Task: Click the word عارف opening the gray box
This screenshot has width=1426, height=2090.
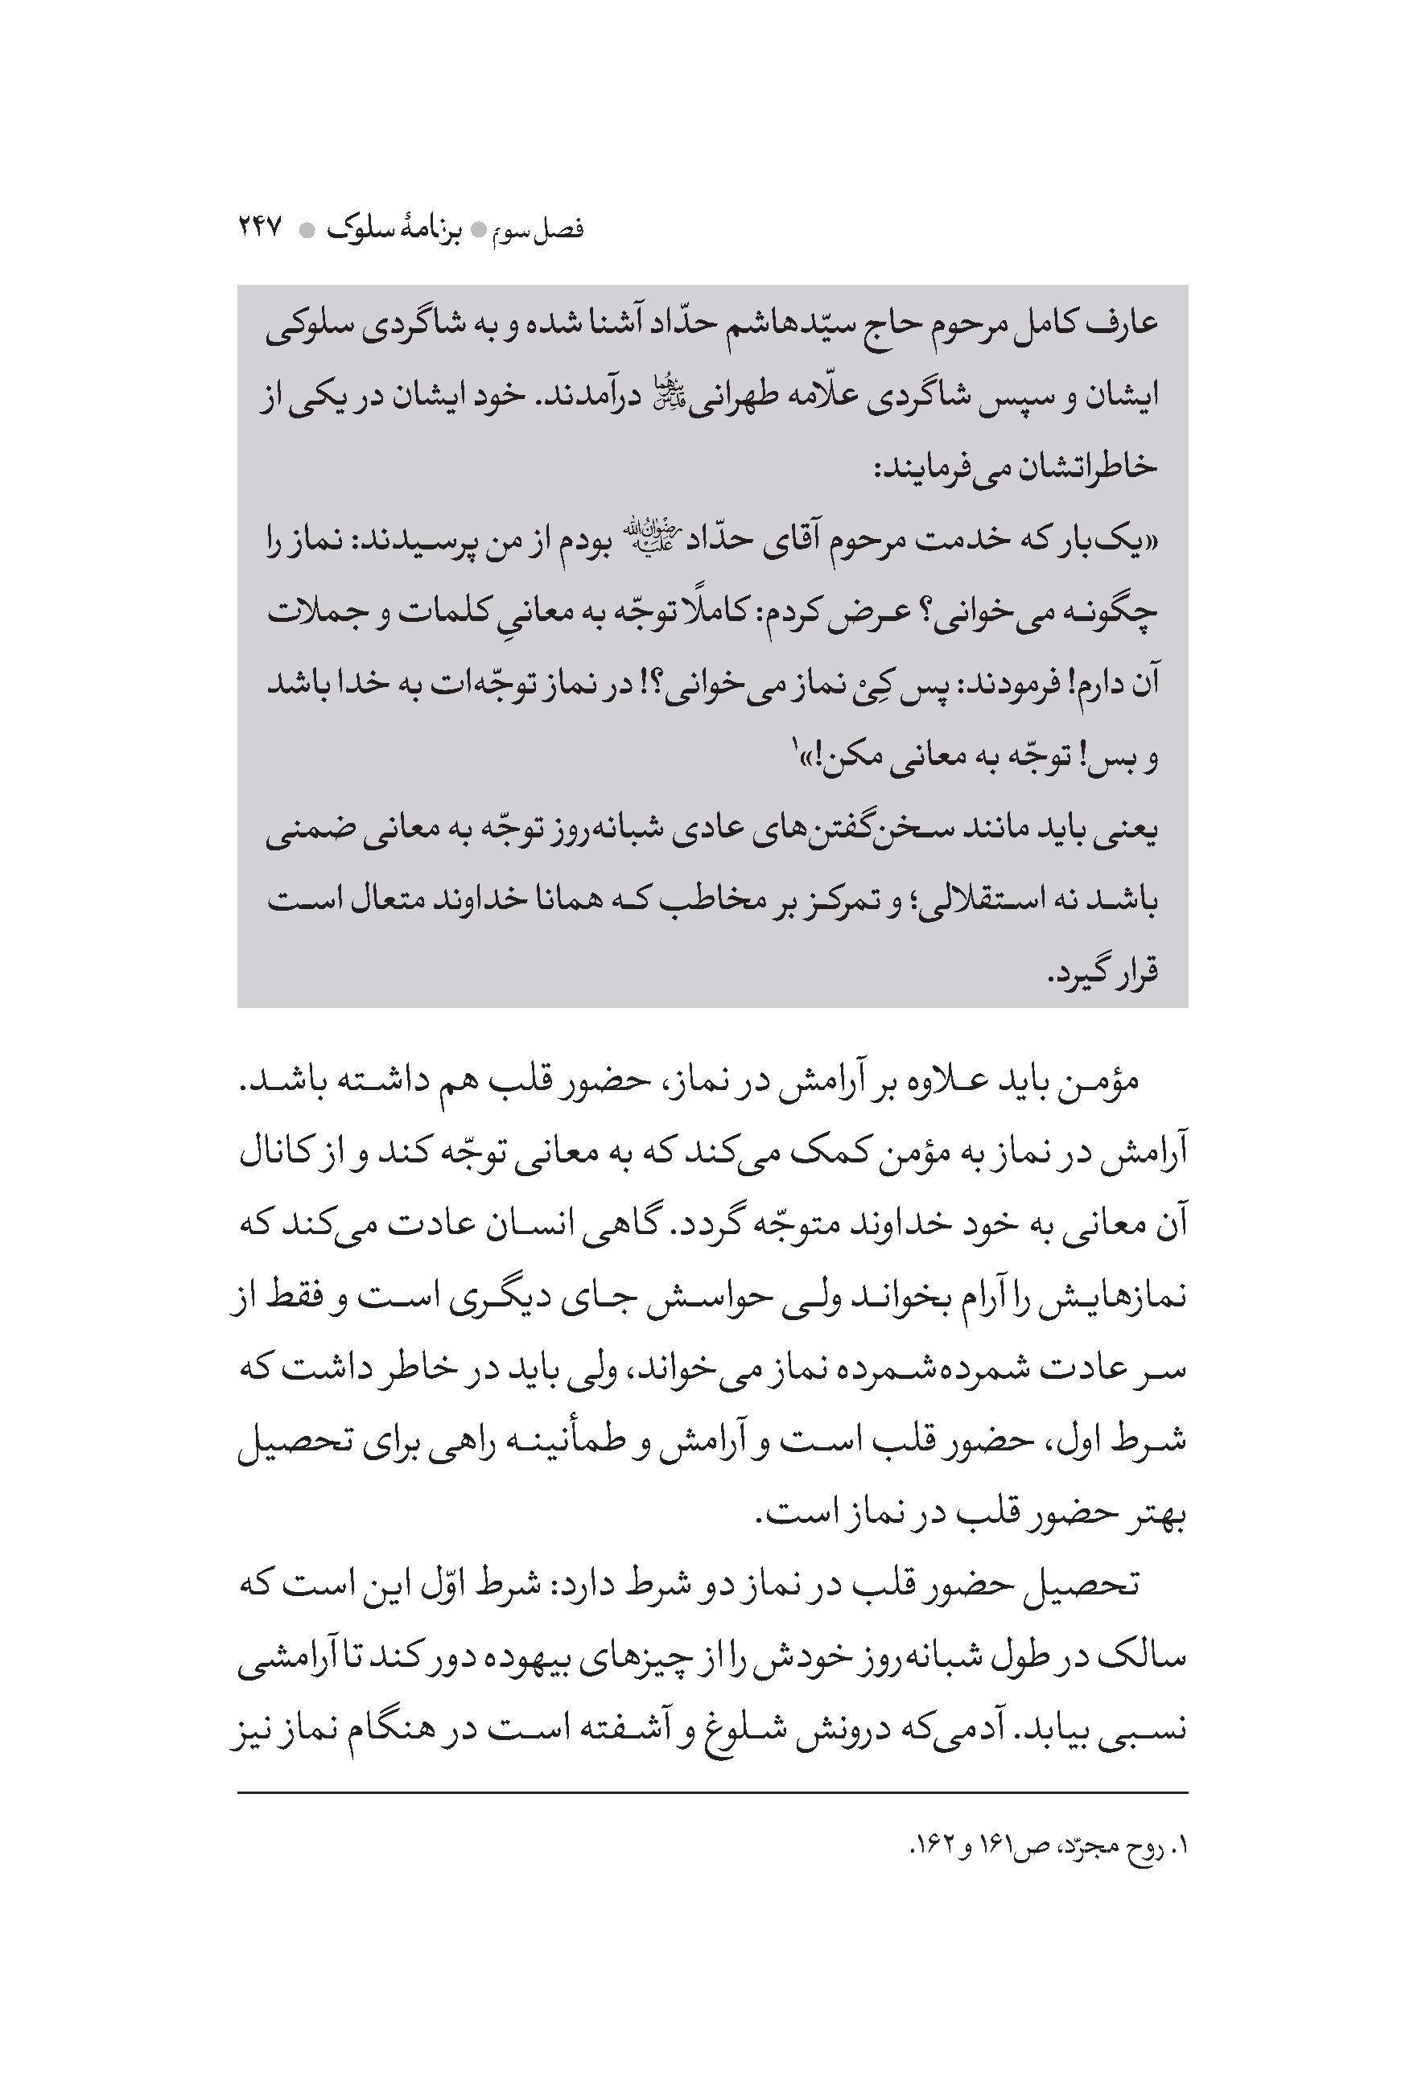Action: click(1122, 323)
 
